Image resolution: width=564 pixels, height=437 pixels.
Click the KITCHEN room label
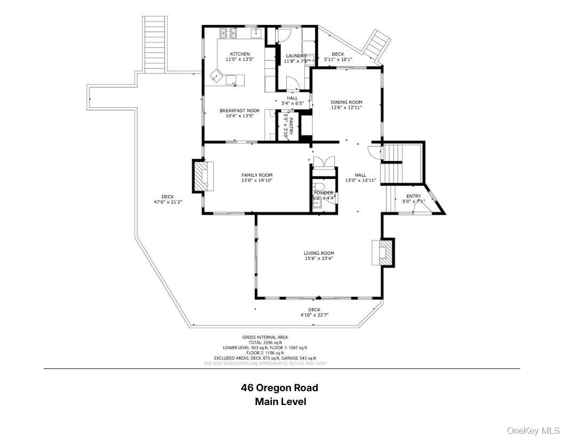point(239,54)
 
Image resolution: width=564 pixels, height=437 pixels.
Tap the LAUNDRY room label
point(296,55)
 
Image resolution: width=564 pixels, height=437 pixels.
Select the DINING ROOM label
point(346,102)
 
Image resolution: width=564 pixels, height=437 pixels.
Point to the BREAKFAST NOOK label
point(239,110)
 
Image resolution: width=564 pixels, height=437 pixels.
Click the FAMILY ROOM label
point(256,175)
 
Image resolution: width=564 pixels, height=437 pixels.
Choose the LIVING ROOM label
point(319,253)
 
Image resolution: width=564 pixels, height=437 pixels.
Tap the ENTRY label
point(413,196)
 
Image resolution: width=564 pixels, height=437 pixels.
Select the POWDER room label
point(324,192)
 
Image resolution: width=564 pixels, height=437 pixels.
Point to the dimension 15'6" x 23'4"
point(319,259)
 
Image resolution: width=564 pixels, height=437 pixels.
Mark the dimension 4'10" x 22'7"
point(314,315)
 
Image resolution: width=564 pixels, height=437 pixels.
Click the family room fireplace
point(203,176)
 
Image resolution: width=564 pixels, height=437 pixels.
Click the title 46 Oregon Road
point(279,387)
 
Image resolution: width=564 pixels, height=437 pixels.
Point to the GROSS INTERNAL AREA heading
point(265,337)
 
